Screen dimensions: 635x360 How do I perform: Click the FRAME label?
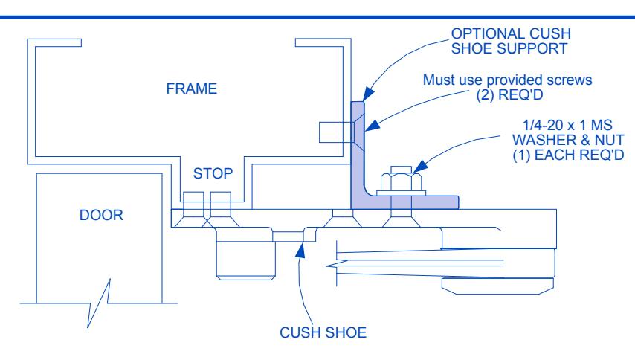(192, 89)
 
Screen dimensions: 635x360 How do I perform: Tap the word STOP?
(213, 173)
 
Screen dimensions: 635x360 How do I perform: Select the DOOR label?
(101, 215)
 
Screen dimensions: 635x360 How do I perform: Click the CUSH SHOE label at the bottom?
(323, 333)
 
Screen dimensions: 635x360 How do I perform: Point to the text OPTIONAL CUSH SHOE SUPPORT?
(511, 41)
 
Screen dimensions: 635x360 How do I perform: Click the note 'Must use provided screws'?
(507, 80)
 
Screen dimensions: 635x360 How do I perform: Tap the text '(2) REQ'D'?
(509, 94)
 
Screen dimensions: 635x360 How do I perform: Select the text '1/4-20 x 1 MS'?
(567, 125)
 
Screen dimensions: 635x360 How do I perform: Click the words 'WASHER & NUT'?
(568, 140)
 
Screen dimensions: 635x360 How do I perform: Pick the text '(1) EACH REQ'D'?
(568, 155)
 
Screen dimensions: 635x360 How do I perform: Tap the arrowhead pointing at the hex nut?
(421, 167)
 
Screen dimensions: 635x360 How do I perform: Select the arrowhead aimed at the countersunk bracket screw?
(373, 125)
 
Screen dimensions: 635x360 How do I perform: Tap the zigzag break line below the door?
(99, 303)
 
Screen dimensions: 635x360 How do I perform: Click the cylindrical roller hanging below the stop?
(246, 254)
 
